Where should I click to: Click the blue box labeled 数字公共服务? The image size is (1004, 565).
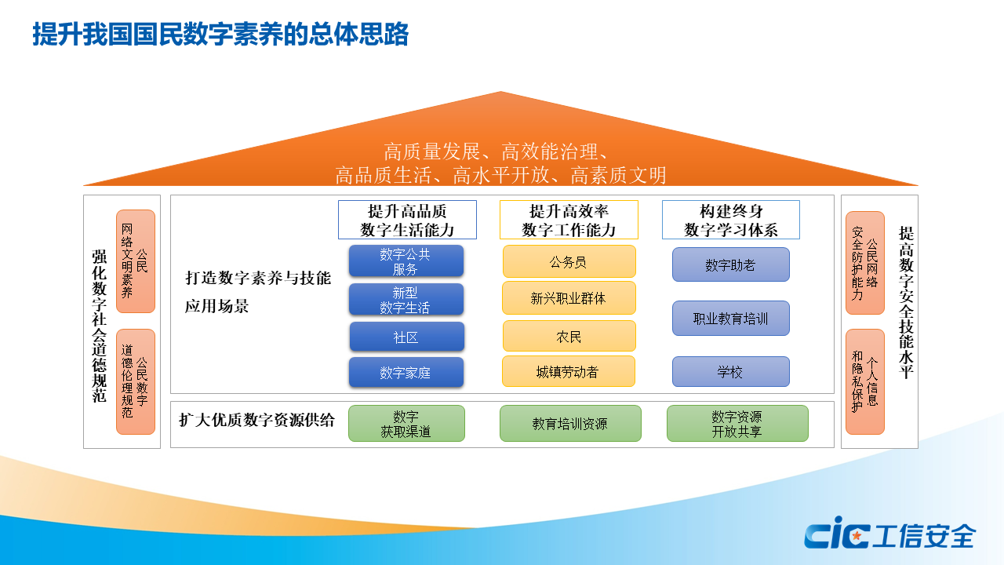(406, 261)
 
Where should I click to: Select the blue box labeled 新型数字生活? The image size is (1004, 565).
(406, 299)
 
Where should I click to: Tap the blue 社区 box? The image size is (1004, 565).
(406, 337)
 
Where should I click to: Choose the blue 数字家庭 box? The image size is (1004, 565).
(406, 372)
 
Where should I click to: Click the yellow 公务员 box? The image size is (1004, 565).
(569, 261)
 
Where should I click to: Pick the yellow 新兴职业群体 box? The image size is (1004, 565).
(569, 297)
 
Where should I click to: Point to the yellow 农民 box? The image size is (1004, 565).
(569, 336)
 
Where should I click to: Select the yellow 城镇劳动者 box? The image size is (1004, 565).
(569, 371)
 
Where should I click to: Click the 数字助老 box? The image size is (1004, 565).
(730, 264)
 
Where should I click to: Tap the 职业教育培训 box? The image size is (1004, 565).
(730, 319)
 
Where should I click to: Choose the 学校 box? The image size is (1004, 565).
(730, 372)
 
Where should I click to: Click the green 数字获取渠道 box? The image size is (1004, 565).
(406, 423)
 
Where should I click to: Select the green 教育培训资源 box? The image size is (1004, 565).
(570, 423)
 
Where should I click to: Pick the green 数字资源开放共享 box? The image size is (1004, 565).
(737, 423)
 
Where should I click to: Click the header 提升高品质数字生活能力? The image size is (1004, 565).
(407, 220)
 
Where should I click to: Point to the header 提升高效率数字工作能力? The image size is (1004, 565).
(569, 220)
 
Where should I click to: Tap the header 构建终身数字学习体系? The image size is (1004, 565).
(730, 220)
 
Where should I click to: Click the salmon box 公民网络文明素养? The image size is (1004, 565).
(136, 261)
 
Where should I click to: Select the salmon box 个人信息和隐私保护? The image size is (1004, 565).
(865, 382)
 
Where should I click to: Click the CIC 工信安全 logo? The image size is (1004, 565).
(889, 533)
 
